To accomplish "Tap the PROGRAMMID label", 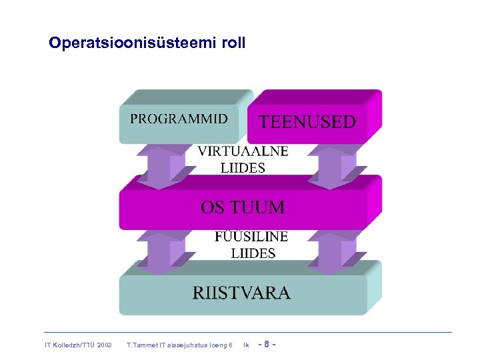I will point(178,119).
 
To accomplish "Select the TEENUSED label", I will point(307,121).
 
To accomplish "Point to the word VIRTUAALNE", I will point(243,151).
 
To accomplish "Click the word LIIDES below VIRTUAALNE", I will point(243,168).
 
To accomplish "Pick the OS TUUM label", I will point(242,207).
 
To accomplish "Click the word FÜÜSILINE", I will point(251,237).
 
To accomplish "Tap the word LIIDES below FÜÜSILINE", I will point(253,253).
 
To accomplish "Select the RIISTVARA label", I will point(241,293).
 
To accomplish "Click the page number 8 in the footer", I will point(267,345).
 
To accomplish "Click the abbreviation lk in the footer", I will point(246,345).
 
